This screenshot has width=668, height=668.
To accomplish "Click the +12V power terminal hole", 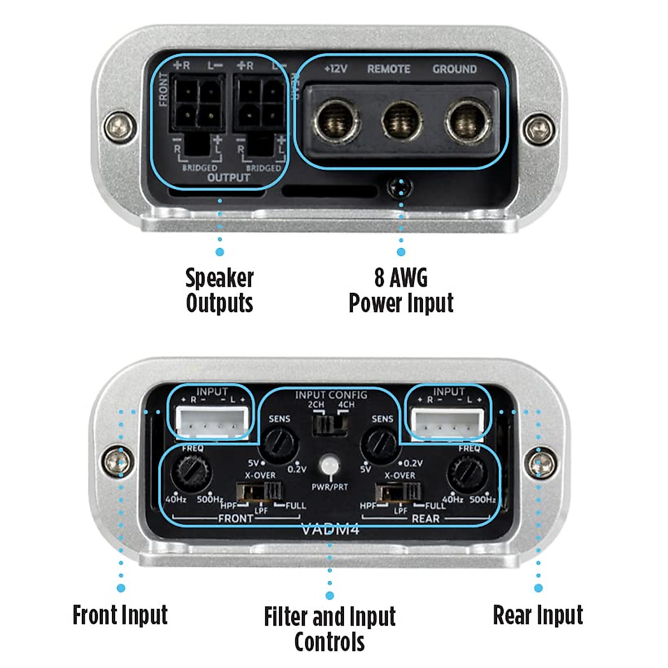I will [337, 120].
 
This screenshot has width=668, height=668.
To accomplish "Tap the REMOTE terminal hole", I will [401, 120].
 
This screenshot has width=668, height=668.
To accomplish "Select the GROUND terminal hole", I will [467, 120].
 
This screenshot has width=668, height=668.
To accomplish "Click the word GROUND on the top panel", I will [454, 70].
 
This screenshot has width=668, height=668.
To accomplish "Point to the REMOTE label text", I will [389, 70].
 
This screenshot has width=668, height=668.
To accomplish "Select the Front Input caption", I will [120, 615].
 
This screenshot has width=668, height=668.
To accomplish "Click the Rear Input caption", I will [538, 615].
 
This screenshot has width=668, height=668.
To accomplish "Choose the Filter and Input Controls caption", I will [330, 629].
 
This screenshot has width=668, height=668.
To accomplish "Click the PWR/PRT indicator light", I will [330, 465].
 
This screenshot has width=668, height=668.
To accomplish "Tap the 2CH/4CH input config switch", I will [330, 425].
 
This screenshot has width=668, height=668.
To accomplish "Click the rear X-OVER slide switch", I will [399, 492].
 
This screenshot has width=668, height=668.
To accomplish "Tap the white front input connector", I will [212, 423].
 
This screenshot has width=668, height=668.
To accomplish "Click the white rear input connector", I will [448, 423].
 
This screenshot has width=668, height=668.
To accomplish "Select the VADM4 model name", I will [330, 529].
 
